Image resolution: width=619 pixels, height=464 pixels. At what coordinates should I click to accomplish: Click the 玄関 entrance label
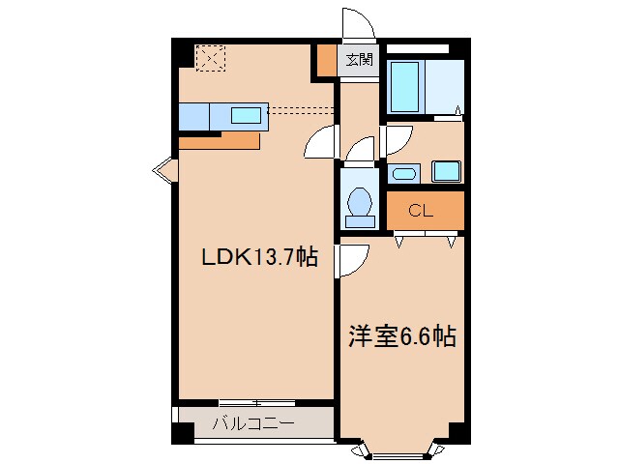(x=359, y=60)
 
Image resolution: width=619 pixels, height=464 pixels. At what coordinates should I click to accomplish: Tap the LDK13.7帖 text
(x=259, y=258)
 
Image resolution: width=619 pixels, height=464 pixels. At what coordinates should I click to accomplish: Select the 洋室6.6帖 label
(x=401, y=337)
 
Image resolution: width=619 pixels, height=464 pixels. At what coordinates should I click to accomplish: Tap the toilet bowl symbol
(x=360, y=204)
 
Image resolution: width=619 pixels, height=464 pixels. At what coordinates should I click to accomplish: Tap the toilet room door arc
(x=360, y=150)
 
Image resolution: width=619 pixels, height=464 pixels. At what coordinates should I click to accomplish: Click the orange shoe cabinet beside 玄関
(x=327, y=62)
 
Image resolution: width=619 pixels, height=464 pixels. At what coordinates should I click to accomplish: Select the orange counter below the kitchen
(x=220, y=141)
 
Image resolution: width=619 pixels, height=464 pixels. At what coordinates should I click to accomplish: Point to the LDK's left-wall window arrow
(x=162, y=172)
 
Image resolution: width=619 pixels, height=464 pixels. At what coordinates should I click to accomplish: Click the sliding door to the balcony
(x=256, y=401)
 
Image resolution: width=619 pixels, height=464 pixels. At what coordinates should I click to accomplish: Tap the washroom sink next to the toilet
(x=403, y=175)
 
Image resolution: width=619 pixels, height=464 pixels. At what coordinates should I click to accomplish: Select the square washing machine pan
(x=446, y=172)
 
